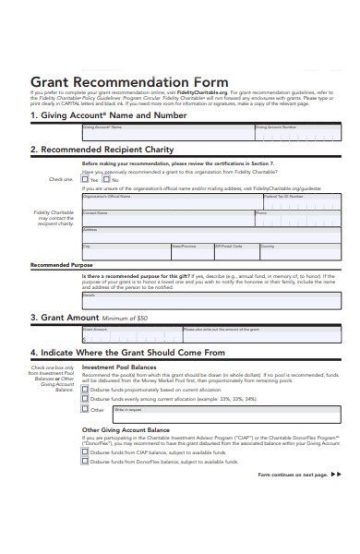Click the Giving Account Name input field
[x=166, y=135]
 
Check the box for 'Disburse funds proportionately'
[x=86, y=390]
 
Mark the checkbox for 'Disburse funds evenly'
[x=86, y=399]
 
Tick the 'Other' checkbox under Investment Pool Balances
[x=86, y=409]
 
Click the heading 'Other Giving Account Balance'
[x=126, y=430]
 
